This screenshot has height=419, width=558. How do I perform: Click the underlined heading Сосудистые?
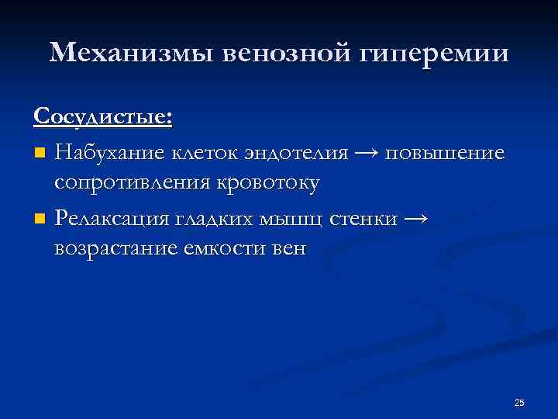(x=103, y=117)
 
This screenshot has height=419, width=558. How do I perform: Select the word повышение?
(x=449, y=154)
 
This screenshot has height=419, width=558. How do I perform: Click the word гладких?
(x=219, y=220)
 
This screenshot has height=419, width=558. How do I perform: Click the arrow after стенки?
(x=415, y=220)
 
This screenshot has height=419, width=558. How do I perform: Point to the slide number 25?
(x=519, y=402)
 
